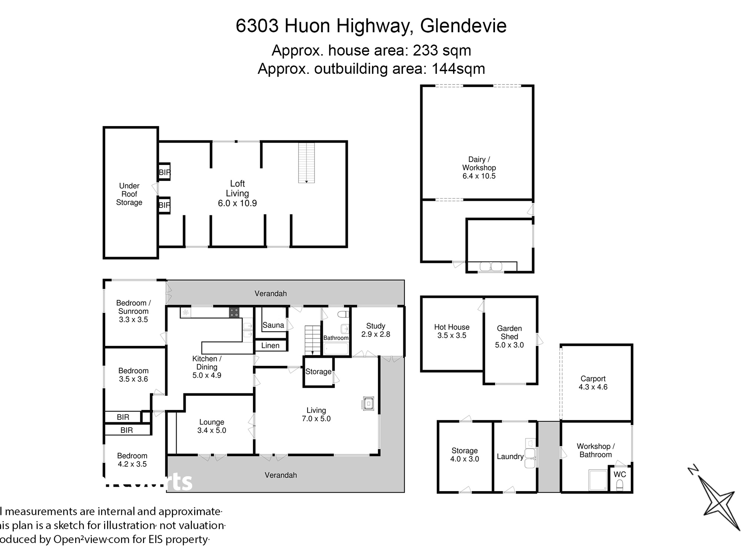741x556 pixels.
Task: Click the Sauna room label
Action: [273, 325]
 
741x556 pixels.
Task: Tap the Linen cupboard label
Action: [270, 345]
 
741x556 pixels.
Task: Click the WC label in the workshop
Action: [619, 474]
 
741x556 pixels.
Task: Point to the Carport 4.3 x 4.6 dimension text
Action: [593, 387]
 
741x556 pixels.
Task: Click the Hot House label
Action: [452, 327]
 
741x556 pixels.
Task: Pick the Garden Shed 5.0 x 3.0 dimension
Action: [509, 345]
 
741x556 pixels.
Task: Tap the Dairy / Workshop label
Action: [479, 163]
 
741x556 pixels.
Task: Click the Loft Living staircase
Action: [306, 163]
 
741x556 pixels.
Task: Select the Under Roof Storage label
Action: [129, 194]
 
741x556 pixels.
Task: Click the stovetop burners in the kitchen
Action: [234, 312]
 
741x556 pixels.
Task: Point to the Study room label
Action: [375, 326]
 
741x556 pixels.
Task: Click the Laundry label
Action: [510, 456]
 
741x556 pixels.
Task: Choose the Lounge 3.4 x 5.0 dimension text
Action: [212, 430]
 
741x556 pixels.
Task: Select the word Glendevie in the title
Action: [463, 26]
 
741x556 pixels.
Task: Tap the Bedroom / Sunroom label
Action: [133, 307]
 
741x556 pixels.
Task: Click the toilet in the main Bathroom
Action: [343, 314]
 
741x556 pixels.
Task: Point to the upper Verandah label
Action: [270, 294]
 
